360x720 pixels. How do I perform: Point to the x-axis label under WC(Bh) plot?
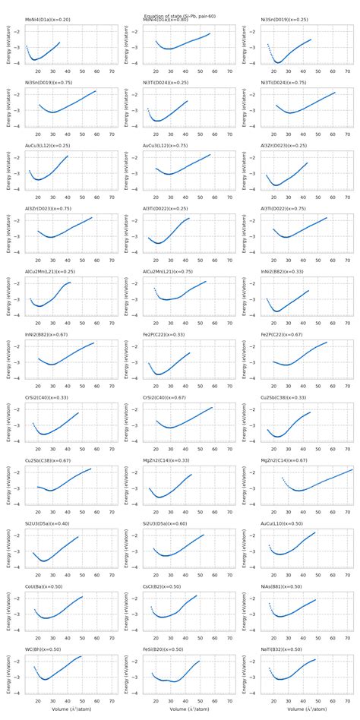(65, 709)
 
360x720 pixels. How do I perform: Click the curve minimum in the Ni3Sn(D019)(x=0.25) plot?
(279, 62)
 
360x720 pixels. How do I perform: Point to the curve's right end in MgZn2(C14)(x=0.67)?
(352, 469)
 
